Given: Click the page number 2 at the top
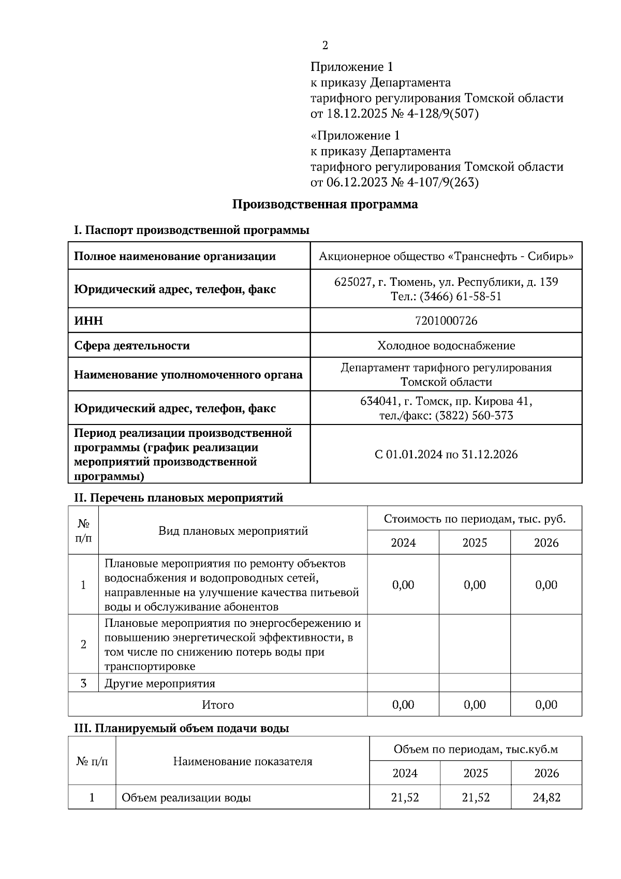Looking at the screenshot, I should [x=325, y=46].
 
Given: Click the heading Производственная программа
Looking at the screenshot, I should [x=324, y=204].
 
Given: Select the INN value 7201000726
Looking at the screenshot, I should [x=446, y=321].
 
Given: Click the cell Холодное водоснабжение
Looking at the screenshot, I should [x=446, y=346].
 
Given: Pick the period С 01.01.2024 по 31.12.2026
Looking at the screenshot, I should [x=446, y=455].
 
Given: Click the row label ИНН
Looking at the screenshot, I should [x=88, y=321].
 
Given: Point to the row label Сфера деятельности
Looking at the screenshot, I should [x=132, y=346].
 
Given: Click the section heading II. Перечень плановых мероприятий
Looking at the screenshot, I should [x=179, y=498].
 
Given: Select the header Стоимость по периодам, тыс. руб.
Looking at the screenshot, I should [x=475, y=519].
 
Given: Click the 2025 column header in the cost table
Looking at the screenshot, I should [x=475, y=543].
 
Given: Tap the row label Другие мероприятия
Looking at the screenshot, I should [x=159, y=683].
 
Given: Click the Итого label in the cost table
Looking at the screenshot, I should [x=218, y=705].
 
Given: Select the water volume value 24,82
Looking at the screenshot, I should [x=546, y=798].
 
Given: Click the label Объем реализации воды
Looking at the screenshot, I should [x=186, y=798].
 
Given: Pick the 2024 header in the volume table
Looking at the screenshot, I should [x=405, y=773].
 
